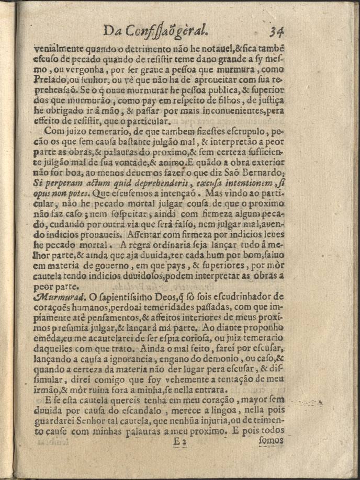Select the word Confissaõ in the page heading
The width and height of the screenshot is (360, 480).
(150, 31)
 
